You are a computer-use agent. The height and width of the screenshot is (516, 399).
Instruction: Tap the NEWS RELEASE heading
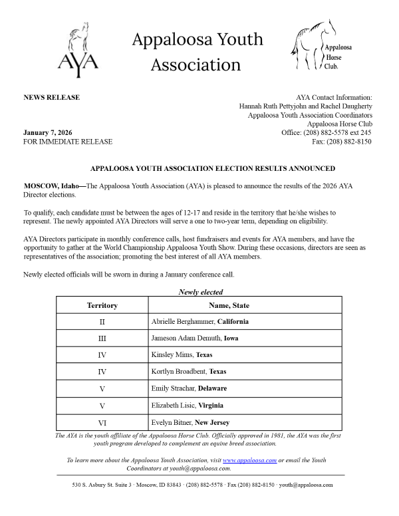coord(51,98)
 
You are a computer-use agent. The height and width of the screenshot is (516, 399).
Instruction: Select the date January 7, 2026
coord(47,132)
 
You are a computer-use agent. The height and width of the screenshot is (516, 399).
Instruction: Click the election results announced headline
coord(213,169)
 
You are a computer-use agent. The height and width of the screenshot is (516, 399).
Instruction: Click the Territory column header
coord(102,305)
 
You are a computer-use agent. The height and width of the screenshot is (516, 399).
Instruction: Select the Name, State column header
coord(229,305)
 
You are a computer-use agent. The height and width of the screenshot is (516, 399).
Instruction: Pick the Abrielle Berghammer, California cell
coord(200,322)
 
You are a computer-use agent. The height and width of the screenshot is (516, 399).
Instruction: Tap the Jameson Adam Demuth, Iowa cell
coord(195,338)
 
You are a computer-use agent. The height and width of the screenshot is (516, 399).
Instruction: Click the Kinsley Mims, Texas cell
coord(182,355)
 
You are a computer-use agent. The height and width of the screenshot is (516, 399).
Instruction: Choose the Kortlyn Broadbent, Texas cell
coord(189,372)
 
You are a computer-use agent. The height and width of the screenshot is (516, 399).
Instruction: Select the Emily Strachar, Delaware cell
coord(189,388)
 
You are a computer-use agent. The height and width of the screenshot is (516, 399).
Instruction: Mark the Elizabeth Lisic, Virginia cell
coord(188,405)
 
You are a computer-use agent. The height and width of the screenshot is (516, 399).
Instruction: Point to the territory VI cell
coord(102,422)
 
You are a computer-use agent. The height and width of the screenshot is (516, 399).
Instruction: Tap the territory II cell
coord(102,322)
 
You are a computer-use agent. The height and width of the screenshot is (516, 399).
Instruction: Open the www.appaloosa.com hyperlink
coord(249,460)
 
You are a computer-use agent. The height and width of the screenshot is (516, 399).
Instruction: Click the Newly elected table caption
coord(201,292)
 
